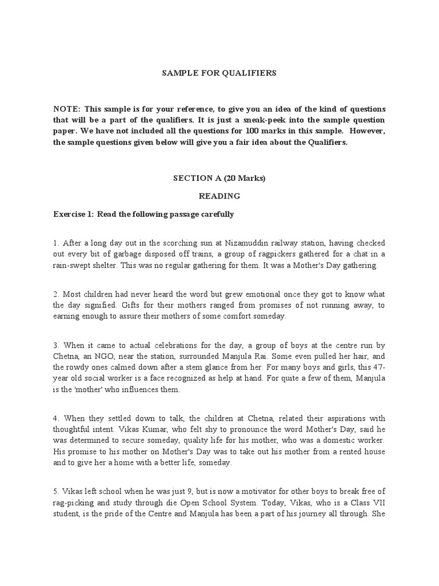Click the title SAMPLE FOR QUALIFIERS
(219, 73)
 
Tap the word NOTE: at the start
(67, 109)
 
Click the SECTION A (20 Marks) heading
(219, 178)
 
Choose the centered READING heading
(219, 196)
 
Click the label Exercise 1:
(74, 215)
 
